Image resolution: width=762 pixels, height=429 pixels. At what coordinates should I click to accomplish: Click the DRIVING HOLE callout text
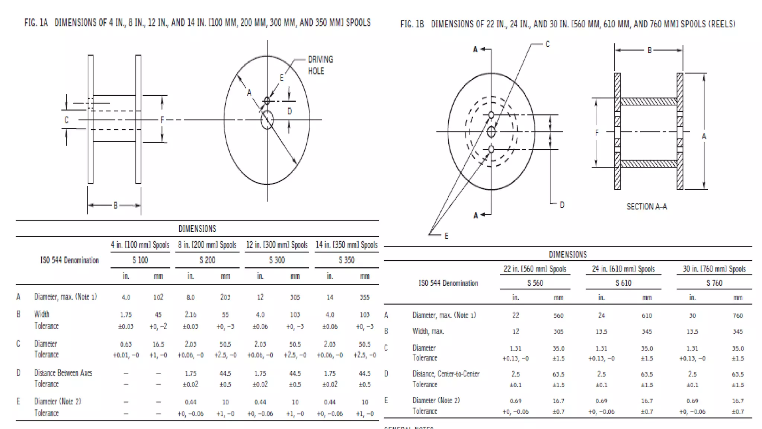pyautogui.click(x=320, y=65)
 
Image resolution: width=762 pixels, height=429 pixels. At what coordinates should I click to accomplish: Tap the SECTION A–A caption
pyautogui.click(x=647, y=207)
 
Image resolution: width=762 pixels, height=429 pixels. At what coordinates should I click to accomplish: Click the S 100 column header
pyautogui.click(x=140, y=260)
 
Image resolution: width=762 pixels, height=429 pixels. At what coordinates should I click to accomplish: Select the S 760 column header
pyautogui.click(x=714, y=283)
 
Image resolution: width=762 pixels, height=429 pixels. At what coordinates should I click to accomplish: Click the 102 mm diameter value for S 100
pyautogui.click(x=158, y=297)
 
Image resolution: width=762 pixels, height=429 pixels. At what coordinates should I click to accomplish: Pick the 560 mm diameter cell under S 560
pyautogui.click(x=558, y=316)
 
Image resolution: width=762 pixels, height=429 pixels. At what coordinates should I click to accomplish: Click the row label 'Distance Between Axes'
pyautogui.click(x=63, y=373)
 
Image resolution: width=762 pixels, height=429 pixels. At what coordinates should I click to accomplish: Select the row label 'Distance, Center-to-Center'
pyautogui.click(x=446, y=374)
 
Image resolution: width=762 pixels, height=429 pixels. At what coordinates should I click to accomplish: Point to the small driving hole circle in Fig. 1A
pyautogui.click(x=267, y=101)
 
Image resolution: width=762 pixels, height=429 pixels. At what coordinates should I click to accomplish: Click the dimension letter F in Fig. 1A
pyautogui.click(x=162, y=120)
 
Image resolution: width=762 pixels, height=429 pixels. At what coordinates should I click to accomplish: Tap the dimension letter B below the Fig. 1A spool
pyautogui.click(x=115, y=205)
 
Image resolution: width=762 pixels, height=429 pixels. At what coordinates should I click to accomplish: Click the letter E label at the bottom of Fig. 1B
pyautogui.click(x=446, y=236)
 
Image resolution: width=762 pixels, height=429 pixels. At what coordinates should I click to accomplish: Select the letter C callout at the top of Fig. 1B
pyautogui.click(x=547, y=44)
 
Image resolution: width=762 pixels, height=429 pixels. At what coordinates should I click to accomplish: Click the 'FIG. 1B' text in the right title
pyautogui.click(x=412, y=24)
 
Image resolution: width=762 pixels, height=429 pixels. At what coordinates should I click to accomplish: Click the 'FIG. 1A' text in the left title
pyautogui.click(x=36, y=23)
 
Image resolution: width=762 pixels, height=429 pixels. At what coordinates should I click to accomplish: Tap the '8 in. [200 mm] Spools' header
pyautogui.click(x=207, y=245)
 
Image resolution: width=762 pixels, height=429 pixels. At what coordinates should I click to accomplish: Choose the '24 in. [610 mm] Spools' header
pyautogui.click(x=623, y=269)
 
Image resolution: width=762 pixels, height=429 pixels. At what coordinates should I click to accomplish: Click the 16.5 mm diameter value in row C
pyautogui.click(x=158, y=344)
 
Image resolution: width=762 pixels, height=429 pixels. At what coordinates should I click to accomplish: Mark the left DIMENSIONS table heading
pyautogui.click(x=197, y=229)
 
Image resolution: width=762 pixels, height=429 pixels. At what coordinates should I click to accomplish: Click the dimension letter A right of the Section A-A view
pyautogui.click(x=704, y=137)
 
